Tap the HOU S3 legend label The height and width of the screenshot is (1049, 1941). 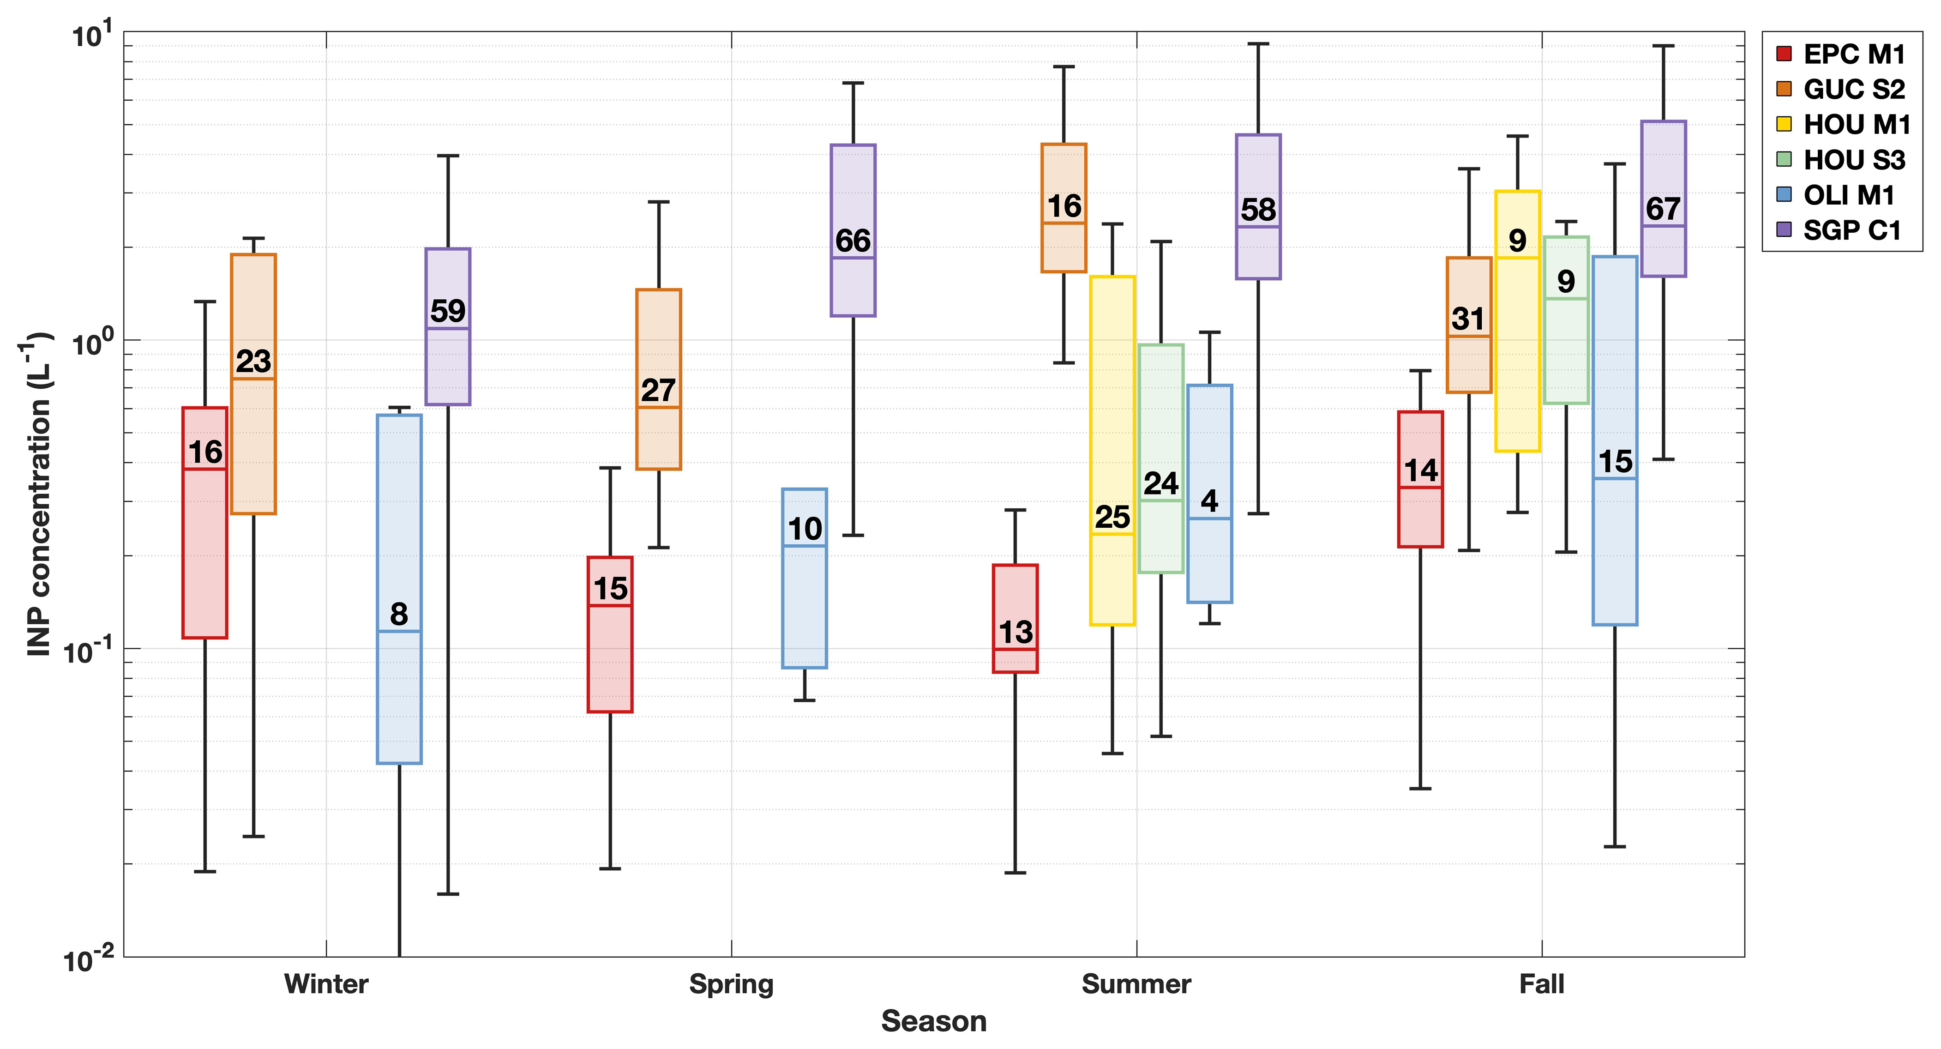coord(1854,160)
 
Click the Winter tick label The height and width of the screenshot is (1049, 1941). coord(326,984)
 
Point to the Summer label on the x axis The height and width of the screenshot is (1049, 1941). coord(1136,984)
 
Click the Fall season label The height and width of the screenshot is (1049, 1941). coord(1542,984)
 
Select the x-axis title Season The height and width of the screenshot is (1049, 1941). coord(934,1022)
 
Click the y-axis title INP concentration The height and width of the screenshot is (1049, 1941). coord(38,494)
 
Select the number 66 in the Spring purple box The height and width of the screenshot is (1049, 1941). coord(853,241)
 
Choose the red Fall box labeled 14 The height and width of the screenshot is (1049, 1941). coord(1420,512)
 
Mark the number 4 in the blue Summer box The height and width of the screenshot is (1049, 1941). coord(1209,501)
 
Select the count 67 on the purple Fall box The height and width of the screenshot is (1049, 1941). coord(1663,209)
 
